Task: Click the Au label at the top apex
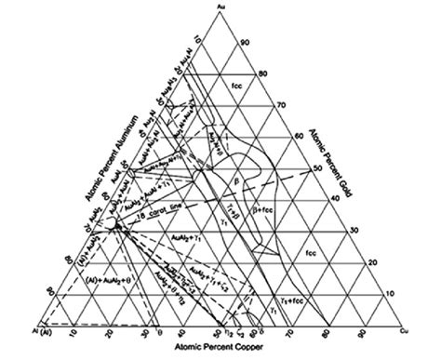click(x=220, y=7)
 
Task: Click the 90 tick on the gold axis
click(x=244, y=43)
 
